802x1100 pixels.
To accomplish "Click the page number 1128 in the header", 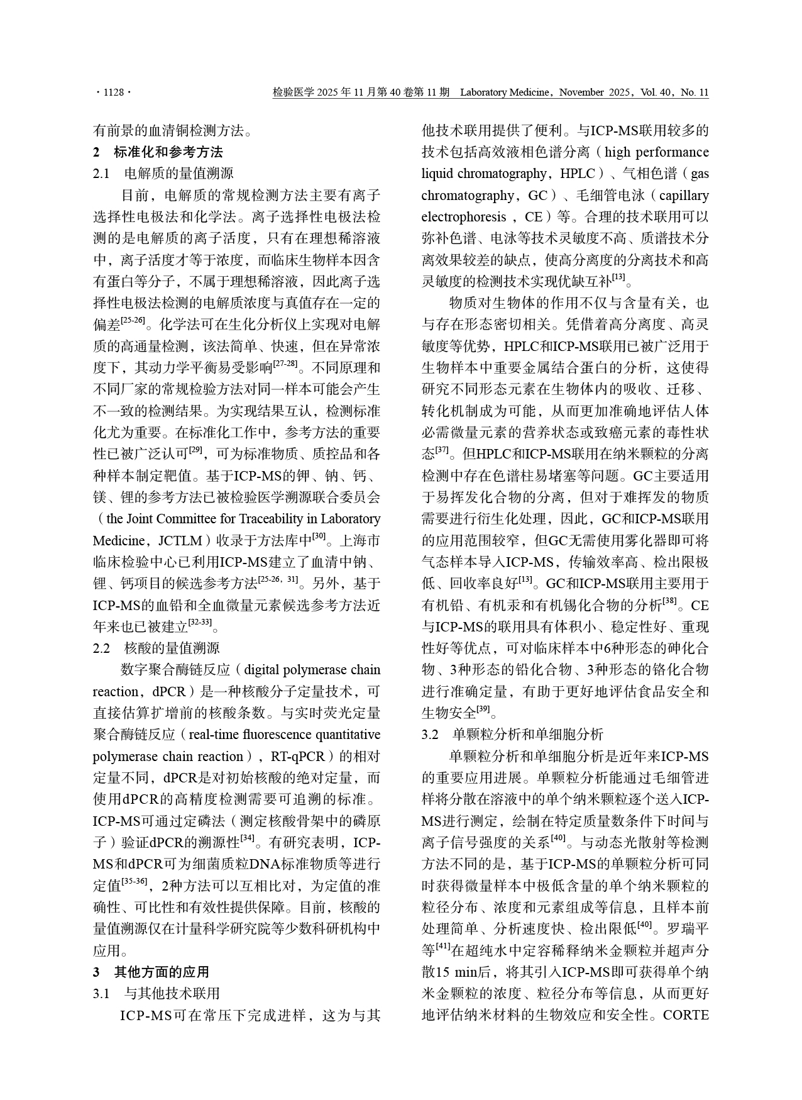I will tap(113, 93).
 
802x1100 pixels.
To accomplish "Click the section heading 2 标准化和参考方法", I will tap(158, 152).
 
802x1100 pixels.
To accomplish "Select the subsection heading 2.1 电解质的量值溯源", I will tap(163, 174).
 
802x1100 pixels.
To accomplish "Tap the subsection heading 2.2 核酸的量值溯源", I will tap(156, 648).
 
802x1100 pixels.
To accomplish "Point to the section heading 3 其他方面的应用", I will tap(151, 972).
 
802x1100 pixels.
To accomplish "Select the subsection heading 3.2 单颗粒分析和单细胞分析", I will tap(512, 734).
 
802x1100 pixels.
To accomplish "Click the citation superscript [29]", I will tap(195, 450).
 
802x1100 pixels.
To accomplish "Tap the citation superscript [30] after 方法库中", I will tap(319, 536).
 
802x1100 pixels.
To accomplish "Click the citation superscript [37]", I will tap(442, 450).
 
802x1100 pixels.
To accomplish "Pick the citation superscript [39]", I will tap(483, 709).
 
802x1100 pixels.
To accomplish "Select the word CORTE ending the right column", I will tap(686, 1014).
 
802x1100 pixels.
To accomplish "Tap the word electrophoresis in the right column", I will tap(463, 217).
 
